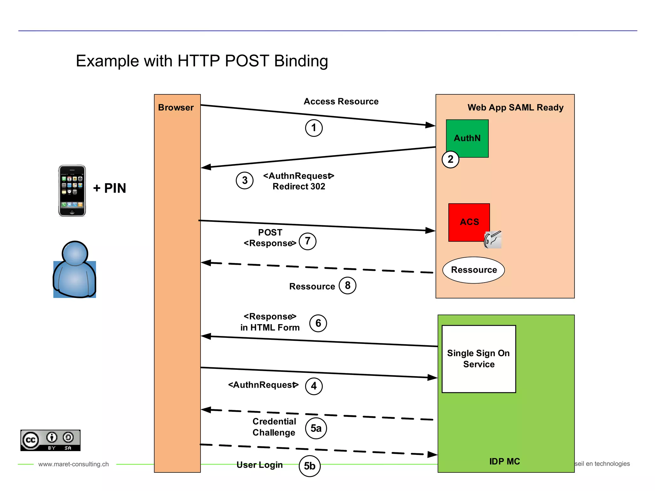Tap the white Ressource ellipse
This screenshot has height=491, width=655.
[x=474, y=270]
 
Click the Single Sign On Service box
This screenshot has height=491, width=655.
[x=478, y=359]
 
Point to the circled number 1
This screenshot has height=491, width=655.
[x=314, y=128]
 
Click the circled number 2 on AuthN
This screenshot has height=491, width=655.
[x=450, y=159]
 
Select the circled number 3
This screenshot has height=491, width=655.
[x=245, y=180]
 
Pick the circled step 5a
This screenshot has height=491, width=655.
[x=316, y=428]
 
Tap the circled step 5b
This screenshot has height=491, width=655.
[x=310, y=466]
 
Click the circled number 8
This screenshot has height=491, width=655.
[x=347, y=285]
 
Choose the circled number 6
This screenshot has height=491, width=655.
[x=318, y=323]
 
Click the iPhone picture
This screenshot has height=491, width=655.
[x=72, y=191]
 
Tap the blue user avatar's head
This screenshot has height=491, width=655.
[x=75, y=253]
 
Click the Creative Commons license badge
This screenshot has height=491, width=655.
[x=51, y=440]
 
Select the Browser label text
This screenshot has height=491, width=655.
[x=176, y=107]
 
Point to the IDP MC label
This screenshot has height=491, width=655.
[x=504, y=461]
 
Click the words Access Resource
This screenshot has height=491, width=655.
[x=341, y=101]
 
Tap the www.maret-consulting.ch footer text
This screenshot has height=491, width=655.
[x=74, y=464]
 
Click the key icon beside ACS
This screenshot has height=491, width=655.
[x=493, y=239]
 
